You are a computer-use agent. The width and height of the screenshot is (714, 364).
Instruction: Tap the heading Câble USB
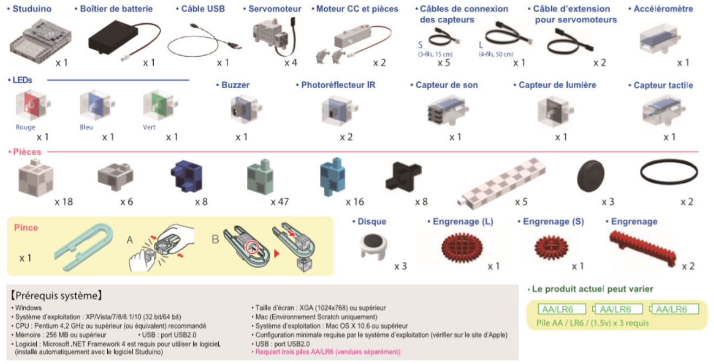point(200,9)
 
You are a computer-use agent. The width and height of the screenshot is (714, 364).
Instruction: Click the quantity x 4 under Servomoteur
point(291,63)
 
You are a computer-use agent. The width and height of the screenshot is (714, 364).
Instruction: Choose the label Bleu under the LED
point(86,127)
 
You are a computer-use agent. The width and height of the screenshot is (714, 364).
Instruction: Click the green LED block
point(156,105)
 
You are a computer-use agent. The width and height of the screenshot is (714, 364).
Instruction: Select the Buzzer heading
point(235,85)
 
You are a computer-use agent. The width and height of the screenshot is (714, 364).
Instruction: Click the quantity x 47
point(280,202)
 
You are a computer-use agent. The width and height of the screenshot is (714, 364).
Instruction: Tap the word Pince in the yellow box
point(26,228)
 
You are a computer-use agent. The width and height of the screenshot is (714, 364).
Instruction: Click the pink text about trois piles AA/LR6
point(326,352)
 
